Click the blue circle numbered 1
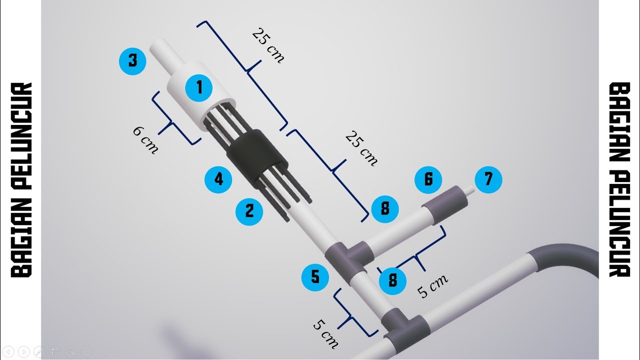click(x=199, y=87)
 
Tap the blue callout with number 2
click(x=249, y=211)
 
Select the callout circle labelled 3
click(x=132, y=61)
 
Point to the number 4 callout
click(x=218, y=179)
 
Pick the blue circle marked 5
click(x=315, y=277)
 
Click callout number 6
click(x=428, y=179)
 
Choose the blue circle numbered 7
click(x=488, y=179)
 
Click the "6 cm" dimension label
click(x=145, y=140)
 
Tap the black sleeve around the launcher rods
click(x=256, y=158)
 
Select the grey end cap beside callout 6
click(x=445, y=204)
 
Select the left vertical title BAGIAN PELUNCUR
click(x=21, y=180)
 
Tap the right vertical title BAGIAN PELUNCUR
click(x=619, y=180)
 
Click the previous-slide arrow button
click(x=8, y=351)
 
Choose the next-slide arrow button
click(x=24, y=351)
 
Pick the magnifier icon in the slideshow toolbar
click(x=71, y=351)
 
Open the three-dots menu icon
click(x=86, y=351)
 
